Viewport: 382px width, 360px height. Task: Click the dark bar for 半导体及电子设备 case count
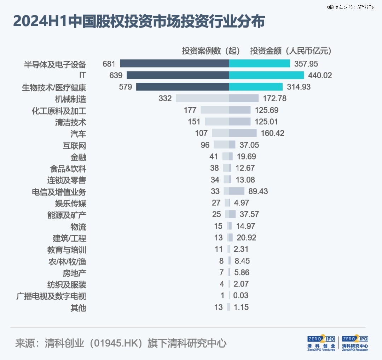174,64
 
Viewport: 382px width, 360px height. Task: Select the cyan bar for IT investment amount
266,75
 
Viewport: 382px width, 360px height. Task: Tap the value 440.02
320,75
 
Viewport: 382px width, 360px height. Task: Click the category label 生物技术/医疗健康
54,87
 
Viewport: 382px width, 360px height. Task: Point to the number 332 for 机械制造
165,98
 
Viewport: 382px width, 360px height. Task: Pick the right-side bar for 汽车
243,133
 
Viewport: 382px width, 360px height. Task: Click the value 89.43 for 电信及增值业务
258,191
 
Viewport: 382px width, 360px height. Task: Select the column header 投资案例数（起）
211,51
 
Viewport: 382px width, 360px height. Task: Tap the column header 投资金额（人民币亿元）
291,51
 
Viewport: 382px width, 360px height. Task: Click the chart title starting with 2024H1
139,22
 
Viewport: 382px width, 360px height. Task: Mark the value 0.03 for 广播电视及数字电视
241,296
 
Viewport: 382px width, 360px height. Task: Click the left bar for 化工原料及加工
215,110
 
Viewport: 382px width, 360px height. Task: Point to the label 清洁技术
71,122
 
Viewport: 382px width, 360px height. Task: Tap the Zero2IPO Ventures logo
321,343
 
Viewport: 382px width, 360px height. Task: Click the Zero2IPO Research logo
355,343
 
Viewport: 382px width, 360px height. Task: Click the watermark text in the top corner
351,7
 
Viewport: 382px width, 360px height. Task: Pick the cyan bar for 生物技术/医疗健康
256,87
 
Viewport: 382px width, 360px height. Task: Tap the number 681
109,64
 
